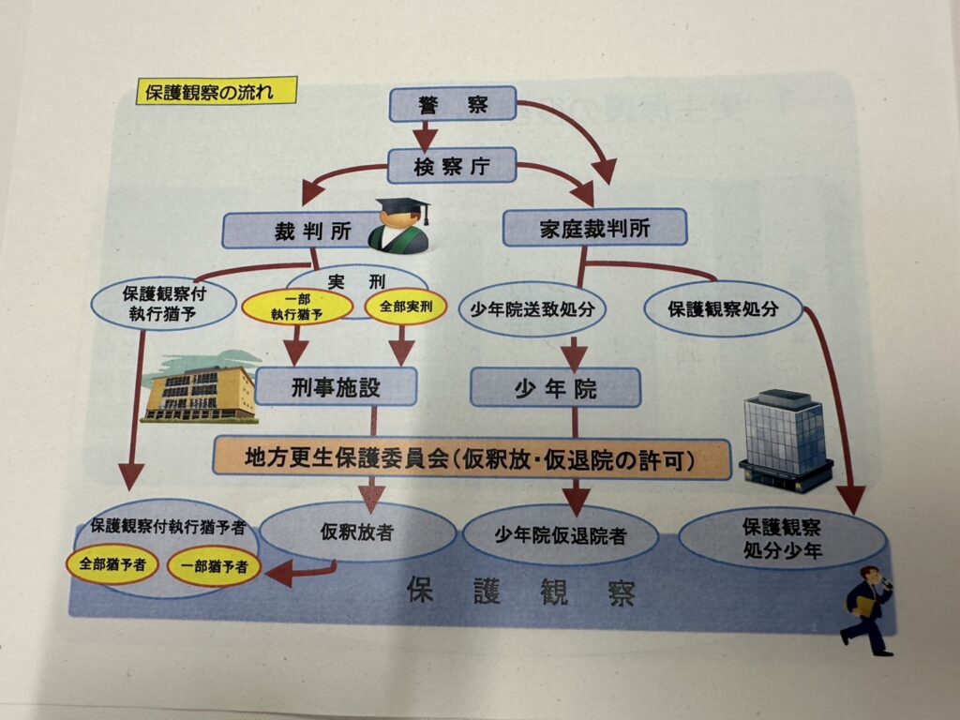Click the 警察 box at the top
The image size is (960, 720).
click(453, 104)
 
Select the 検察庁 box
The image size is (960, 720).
click(453, 167)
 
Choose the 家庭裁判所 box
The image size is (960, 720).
click(594, 227)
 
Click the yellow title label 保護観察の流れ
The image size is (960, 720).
click(217, 91)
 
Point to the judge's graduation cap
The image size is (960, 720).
click(403, 209)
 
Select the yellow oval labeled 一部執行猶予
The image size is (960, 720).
click(297, 308)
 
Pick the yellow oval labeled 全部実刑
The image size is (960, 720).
click(405, 307)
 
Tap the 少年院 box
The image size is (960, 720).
click(555, 386)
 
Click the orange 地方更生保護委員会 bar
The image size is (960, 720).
click(472, 458)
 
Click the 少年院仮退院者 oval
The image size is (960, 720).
click(561, 535)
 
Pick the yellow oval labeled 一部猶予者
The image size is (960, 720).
click(215, 565)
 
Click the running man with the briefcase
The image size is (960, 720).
click(866, 610)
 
